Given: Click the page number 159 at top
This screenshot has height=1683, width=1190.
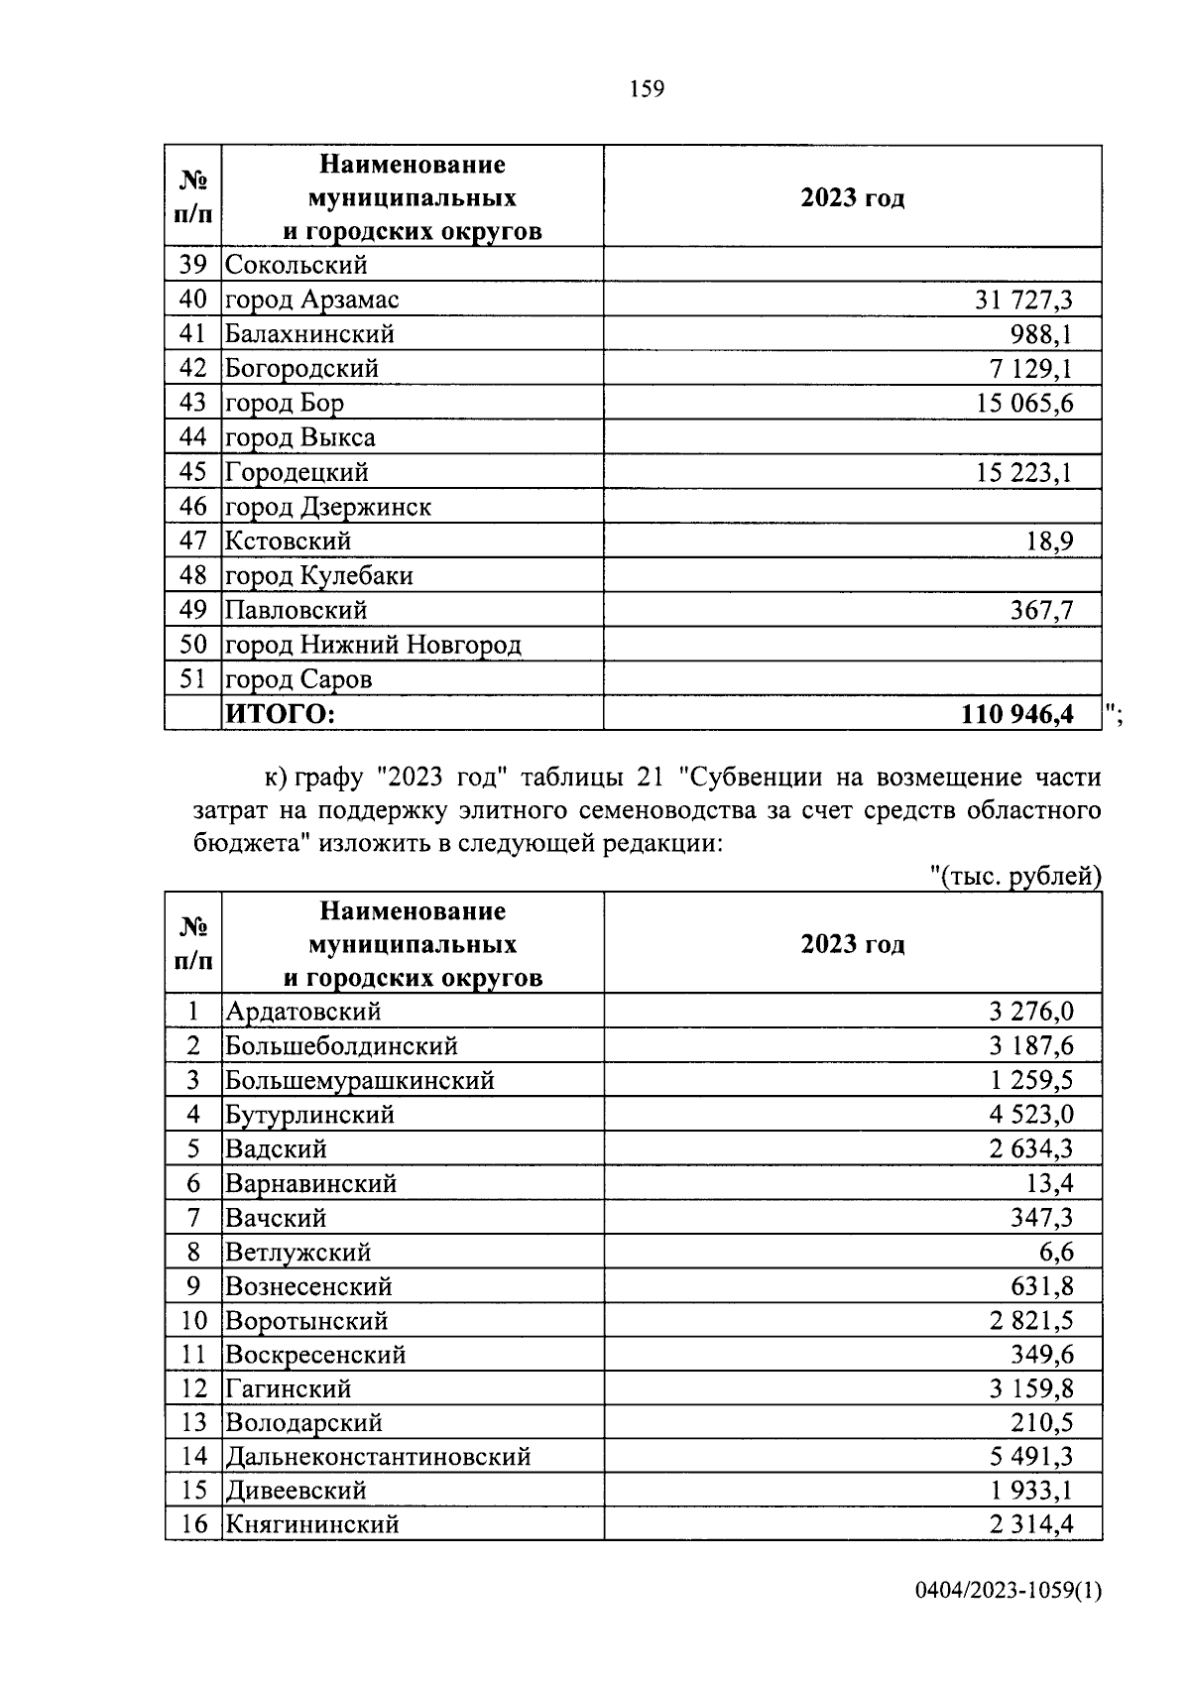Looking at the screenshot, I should click(x=647, y=89).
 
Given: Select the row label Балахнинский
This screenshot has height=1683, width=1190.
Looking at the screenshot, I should click(x=309, y=334).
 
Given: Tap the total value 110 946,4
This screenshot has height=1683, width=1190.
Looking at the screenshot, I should click(x=1017, y=714).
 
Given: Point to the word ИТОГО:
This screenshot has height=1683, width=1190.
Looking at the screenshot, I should click(x=282, y=714).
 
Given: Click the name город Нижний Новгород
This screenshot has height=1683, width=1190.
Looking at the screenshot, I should click(x=373, y=646).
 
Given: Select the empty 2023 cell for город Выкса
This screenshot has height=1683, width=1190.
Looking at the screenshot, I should click(x=853, y=437).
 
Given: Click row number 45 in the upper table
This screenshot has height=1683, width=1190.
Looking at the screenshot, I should click(x=193, y=472).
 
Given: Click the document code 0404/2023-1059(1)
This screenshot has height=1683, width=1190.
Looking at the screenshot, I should click(x=1009, y=1619).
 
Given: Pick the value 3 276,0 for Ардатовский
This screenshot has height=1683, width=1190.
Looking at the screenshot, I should click(x=1031, y=1012).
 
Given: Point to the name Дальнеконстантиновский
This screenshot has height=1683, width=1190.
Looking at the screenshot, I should click(x=378, y=1457).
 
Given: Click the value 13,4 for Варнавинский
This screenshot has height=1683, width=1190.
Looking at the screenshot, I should click(x=1050, y=1183).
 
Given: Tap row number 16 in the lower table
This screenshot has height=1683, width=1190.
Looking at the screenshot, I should click(x=193, y=1524).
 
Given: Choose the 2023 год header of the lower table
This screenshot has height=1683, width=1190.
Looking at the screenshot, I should click(x=853, y=944).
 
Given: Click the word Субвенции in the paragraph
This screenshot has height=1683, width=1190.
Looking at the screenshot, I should click(x=752, y=777).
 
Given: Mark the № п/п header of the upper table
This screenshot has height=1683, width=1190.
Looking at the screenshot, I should click(x=193, y=197).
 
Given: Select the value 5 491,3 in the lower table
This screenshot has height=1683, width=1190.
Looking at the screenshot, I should click(x=1031, y=1457).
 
